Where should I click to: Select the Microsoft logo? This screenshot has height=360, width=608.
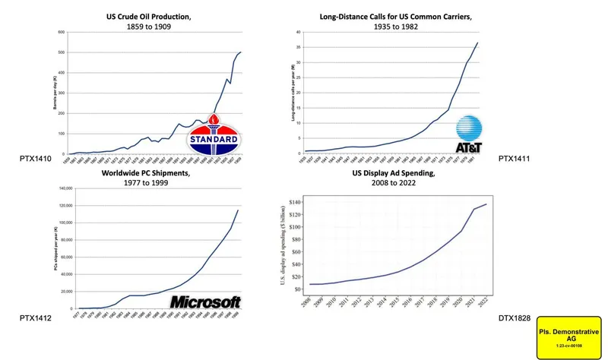tap(205, 302)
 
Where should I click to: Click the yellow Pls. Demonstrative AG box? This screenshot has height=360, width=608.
tap(568, 336)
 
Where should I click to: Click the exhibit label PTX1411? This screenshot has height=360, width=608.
tap(515, 160)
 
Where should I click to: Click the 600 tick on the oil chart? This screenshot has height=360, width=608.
tap(63, 32)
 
